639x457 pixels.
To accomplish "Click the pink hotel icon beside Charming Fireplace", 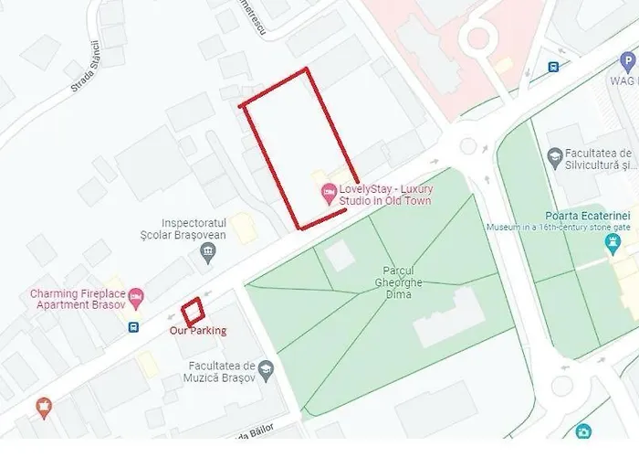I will point(136,296).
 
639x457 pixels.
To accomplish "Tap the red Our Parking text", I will point(198,330).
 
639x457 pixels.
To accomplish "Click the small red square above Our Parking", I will point(192,311).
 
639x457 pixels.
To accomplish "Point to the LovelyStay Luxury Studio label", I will point(383,194).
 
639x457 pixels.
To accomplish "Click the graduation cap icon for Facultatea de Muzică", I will point(266,371).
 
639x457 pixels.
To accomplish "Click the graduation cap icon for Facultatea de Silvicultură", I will point(554,158).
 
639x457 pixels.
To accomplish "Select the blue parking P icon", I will point(626,62).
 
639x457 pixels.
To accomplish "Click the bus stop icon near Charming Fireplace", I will point(134,326).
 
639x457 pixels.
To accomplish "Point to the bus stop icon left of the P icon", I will point(552,67).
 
